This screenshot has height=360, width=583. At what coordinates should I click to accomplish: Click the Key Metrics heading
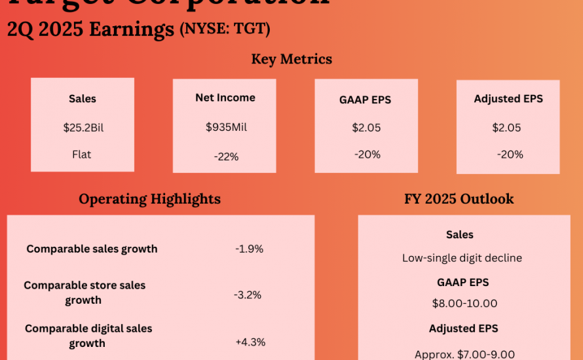pos(291,59)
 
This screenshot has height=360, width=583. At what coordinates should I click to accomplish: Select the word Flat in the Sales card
pos(82,154)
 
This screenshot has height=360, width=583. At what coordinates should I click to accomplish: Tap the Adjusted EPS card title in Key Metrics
pos(508,99)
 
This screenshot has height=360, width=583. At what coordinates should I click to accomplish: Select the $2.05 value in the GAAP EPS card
pos(366,128)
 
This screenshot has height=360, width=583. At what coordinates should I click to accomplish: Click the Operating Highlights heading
pos(149,199)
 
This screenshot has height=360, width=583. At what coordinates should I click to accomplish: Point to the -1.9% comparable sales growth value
pos(249,249)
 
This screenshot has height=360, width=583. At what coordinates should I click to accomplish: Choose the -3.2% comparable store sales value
pos(248,295)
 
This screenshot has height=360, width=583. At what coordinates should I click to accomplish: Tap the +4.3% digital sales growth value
pos(250,342)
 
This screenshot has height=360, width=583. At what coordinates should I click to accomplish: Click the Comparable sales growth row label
pos(92,249)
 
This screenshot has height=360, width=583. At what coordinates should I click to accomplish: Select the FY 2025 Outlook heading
pos(459,199)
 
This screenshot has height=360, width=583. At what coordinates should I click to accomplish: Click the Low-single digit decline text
pos(462,258)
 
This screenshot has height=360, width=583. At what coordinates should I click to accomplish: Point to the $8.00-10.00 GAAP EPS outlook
pos(464,303)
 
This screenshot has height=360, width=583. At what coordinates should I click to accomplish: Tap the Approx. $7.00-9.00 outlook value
pos(464,354)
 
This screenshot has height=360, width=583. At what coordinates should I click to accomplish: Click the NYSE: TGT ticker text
pos(225,29)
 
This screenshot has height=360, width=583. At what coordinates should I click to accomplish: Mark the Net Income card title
pos(225,98)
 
